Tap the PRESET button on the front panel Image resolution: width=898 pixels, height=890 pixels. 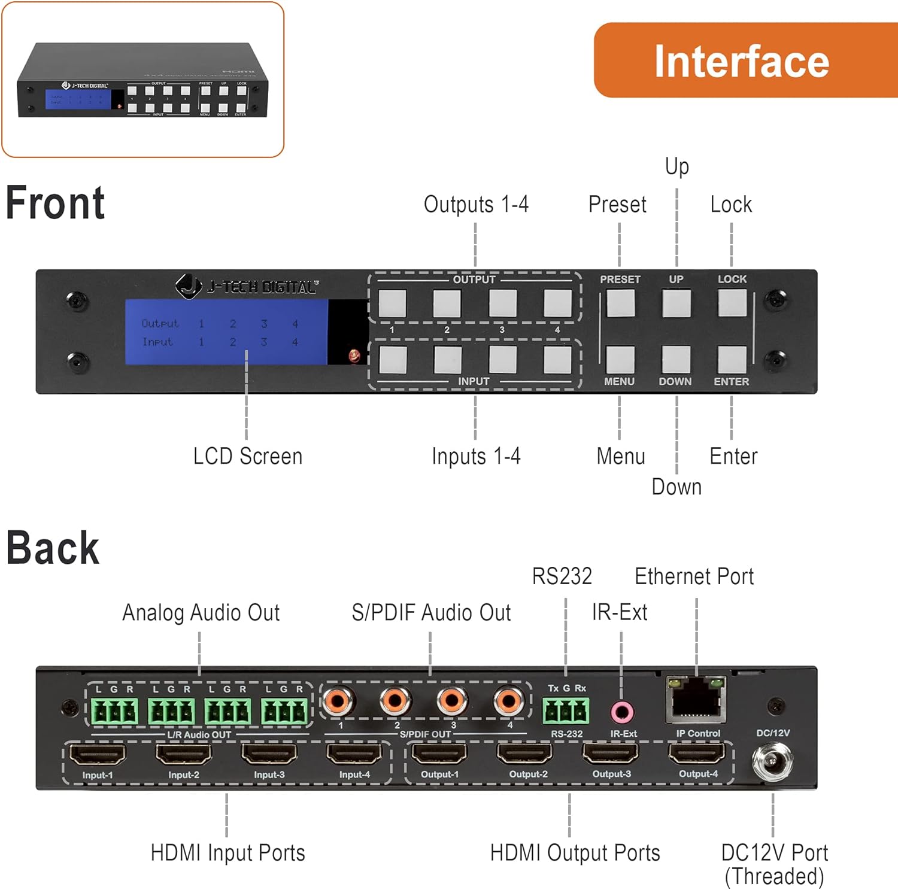[x=620, y=303]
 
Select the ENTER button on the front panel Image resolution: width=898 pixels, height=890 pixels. [x=732, y=359]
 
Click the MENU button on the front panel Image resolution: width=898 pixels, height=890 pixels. [x=620, y=359]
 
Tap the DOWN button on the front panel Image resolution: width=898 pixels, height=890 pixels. [x=676, y=359]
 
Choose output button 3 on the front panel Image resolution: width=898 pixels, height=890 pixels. [x=502, y=303]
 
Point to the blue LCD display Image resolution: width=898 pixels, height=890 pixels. [x=226, y=332]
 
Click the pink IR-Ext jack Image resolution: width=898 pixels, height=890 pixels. [x=622, y=712]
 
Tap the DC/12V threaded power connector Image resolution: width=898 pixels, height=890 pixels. [x=772, y=761]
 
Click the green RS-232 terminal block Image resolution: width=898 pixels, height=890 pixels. [x=566, y=711]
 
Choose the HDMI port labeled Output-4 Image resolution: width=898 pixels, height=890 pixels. [x=697, y=754]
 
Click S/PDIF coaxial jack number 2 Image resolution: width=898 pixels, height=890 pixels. [x=395, y=700]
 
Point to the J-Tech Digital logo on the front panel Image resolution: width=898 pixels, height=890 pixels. [x=247, y=287]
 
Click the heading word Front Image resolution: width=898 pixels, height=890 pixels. [x=55, y=203]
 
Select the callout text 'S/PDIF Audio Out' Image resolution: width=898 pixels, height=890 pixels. [x=431, y=613]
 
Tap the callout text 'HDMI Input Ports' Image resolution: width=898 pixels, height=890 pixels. [x=227, y=853]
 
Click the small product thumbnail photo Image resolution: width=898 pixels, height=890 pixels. [x=142, y=80]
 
